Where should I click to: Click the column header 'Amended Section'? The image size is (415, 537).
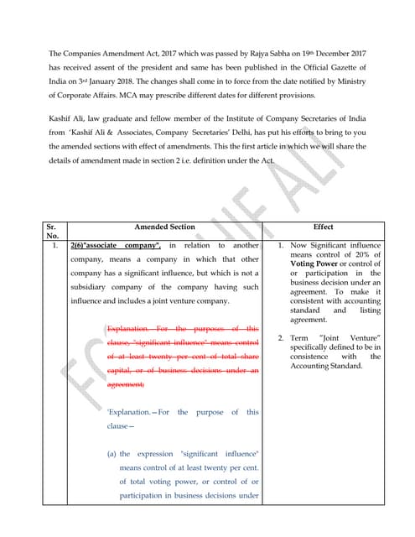(x=164, y=227)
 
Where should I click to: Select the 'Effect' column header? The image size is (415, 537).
(x=323, y=227)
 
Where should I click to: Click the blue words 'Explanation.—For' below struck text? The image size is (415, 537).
(x=138, y=412)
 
